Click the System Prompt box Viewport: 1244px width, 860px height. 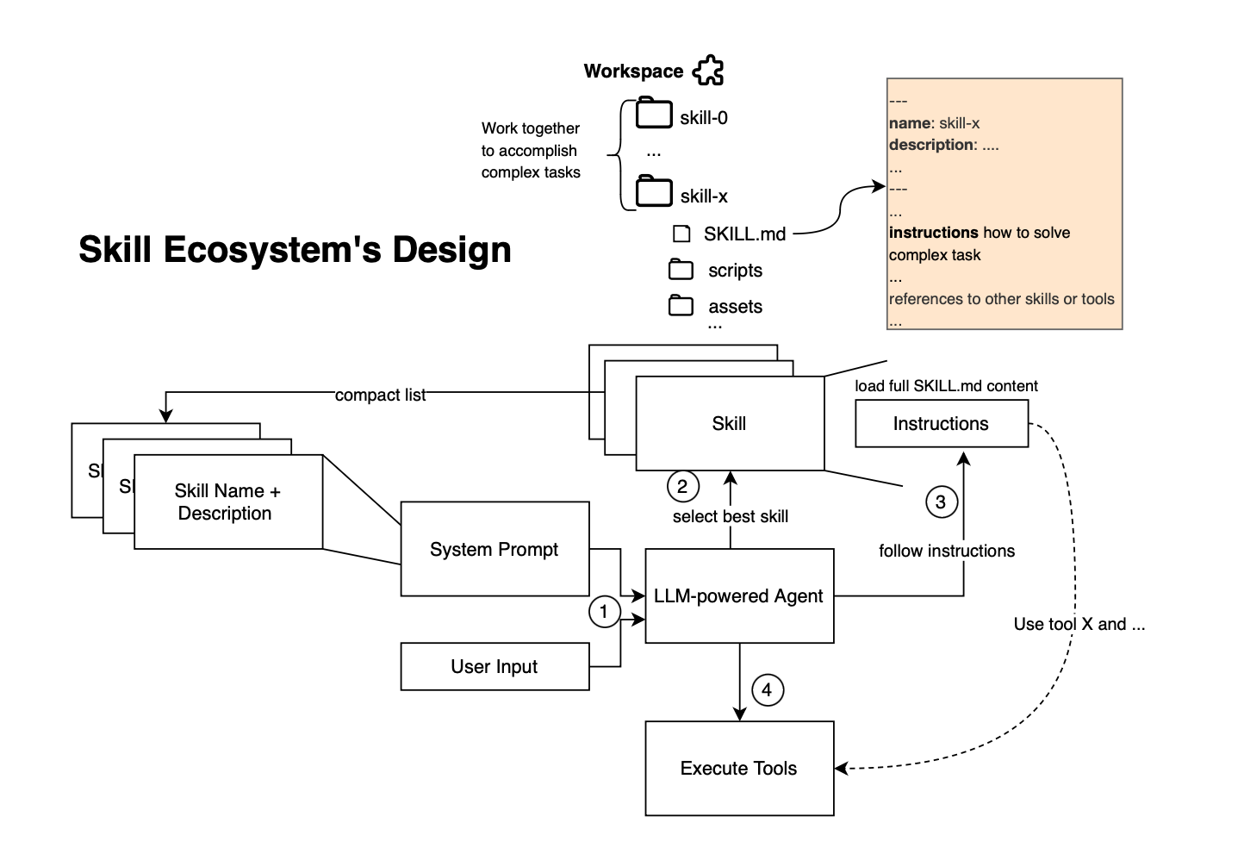point(494,549)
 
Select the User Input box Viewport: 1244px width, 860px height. point(494,666)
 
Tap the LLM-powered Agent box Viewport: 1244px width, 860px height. point(739,595)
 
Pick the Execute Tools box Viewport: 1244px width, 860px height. point(739,768)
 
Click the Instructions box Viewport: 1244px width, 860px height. point(941,423)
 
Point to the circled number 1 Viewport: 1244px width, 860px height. point(604,612)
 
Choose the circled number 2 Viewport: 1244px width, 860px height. point(682,486)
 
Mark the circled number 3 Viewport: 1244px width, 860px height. point(941,502)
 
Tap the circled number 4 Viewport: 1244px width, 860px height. point(767,689)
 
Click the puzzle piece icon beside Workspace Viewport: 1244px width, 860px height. point(708,71)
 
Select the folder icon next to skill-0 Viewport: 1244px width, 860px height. point(654,114)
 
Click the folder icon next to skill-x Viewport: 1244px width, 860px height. point(654,191)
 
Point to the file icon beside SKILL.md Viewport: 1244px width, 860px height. point(681,234)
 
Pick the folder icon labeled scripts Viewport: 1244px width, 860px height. point(681,270)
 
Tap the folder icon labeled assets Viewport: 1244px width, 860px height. point(681,305)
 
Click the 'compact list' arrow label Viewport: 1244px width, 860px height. point(380,395)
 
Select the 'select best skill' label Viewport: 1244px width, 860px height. point(730,516)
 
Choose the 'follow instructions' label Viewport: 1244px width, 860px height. point(946,551)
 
